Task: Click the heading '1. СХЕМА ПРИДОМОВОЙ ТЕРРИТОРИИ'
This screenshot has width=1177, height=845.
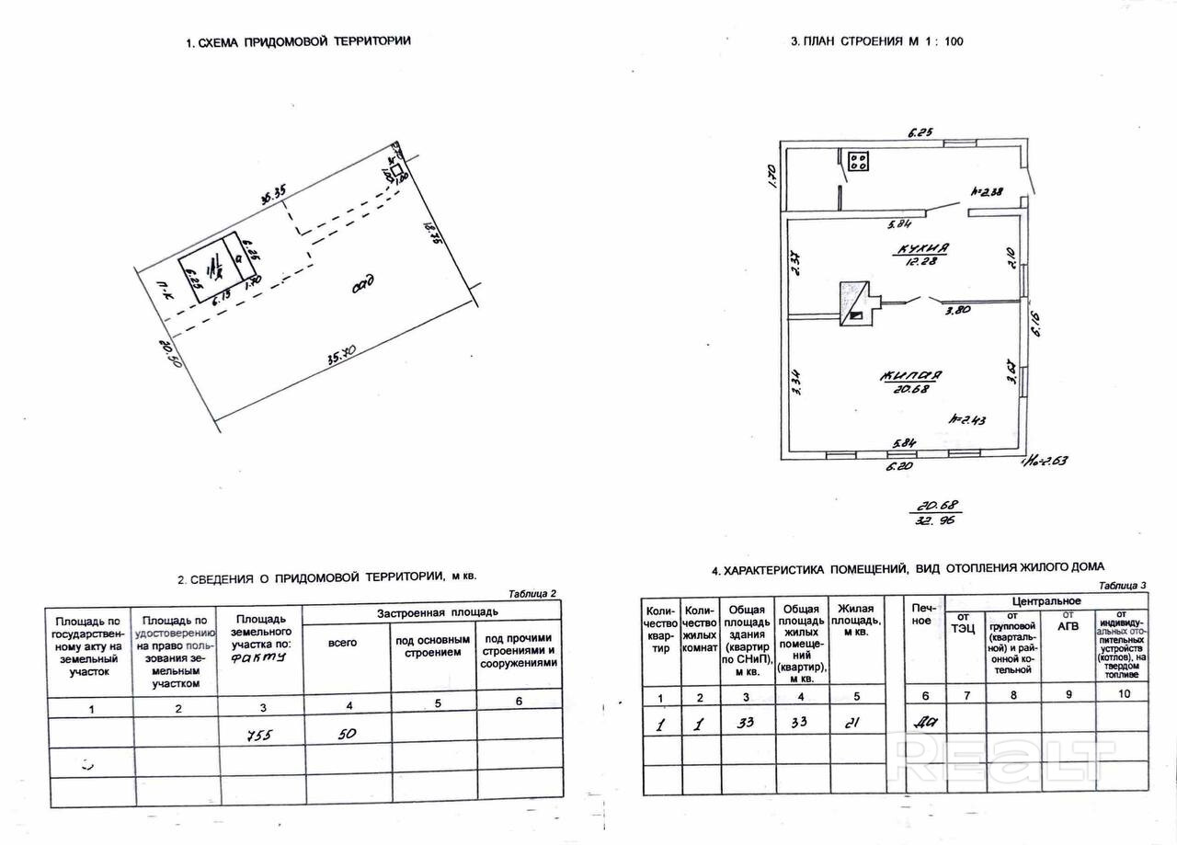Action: pyautogui.click(x=298, y=41)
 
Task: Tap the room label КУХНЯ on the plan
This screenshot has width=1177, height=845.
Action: pyautogui.click(x=922, y=249)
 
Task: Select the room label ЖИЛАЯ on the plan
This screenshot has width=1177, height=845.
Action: pyautogui.click(x=910, y=375)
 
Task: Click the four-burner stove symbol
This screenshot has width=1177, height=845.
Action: pyautogui.click(x=860, y=163)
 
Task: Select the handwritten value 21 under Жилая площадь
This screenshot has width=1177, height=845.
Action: pyautogui.click(x=852, y=722)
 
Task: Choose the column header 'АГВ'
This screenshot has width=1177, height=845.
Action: pyautogui.click(x=1068, y=615)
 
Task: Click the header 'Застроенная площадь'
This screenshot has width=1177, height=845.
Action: pyautogui.click(x=438, y=612)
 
